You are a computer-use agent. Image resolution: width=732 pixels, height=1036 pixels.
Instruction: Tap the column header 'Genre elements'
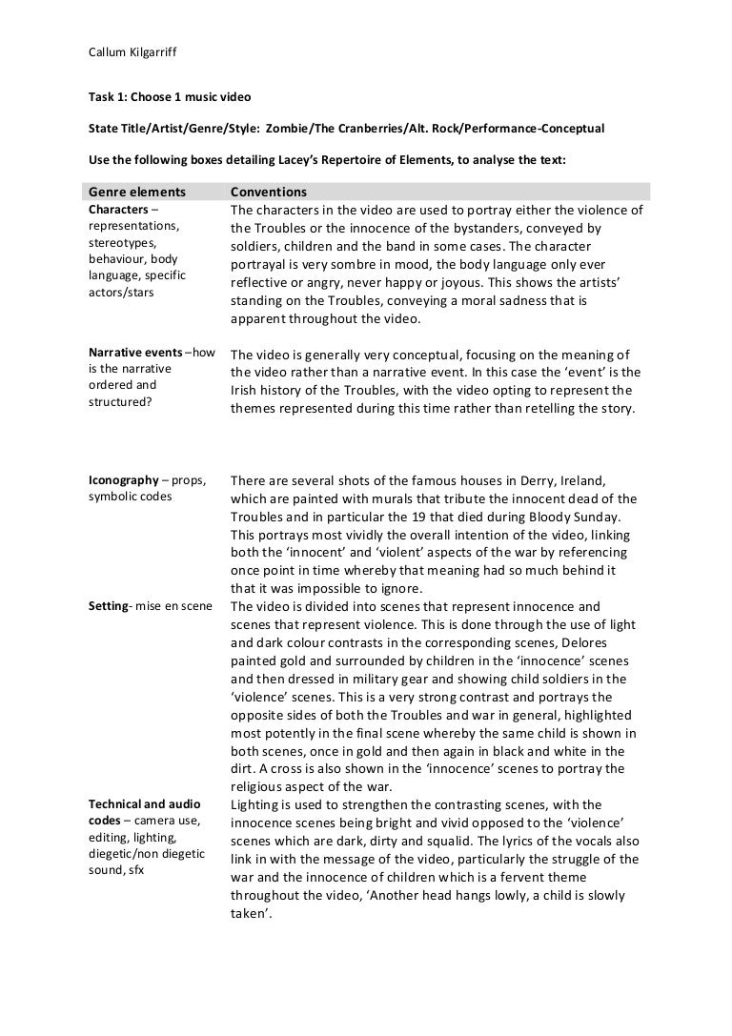137,191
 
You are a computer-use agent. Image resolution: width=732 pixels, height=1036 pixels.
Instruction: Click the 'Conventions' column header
269,191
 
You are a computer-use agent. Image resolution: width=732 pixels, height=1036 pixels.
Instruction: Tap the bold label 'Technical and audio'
139,804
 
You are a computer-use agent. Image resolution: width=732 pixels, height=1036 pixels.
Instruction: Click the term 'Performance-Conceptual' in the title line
529,129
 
